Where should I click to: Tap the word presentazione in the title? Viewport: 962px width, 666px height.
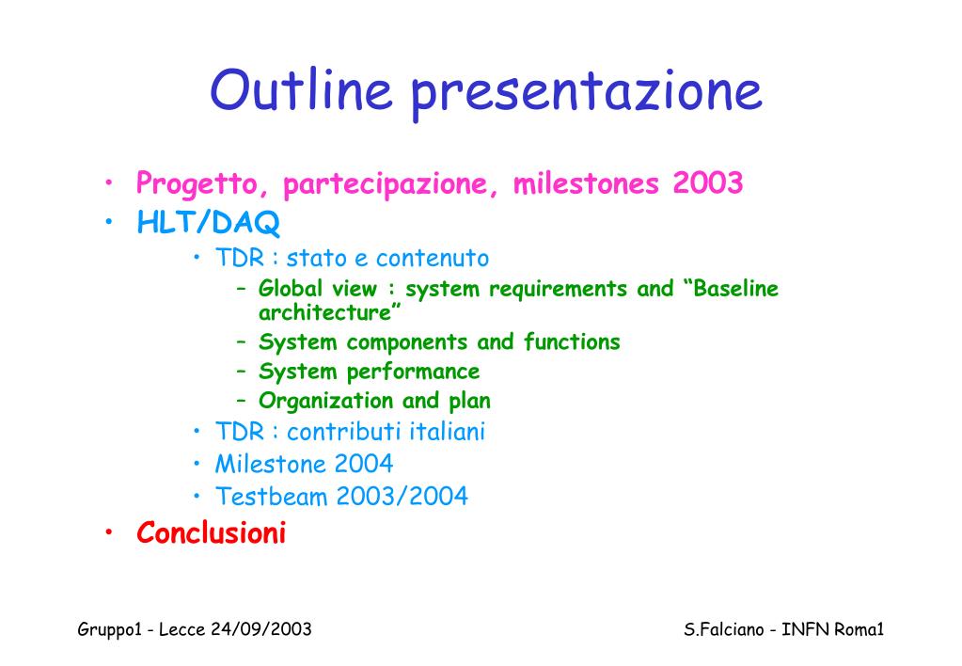pos(587,94)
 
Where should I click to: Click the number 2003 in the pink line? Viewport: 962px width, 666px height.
pos(707,182)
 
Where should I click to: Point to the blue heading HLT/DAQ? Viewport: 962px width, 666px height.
pos(208,222)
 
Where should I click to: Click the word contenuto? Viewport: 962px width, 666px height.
pos(433,259)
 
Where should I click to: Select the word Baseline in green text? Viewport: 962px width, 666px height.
pos(735,288)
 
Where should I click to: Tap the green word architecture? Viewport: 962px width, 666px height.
pos(324,312)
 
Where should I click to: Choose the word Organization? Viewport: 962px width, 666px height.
pos(325,401)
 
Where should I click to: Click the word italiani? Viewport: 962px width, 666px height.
pos(448,431)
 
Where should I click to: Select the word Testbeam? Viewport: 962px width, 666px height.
pos(271,496)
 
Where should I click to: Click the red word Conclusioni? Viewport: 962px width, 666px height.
pos(211,532)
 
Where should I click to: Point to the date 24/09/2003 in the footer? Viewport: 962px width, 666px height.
pos(260,629)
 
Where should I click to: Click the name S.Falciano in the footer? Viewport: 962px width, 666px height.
pos(724,630)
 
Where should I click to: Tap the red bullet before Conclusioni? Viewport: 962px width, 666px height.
pos(108,531)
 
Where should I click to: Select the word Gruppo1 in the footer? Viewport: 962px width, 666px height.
pos(110,630)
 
